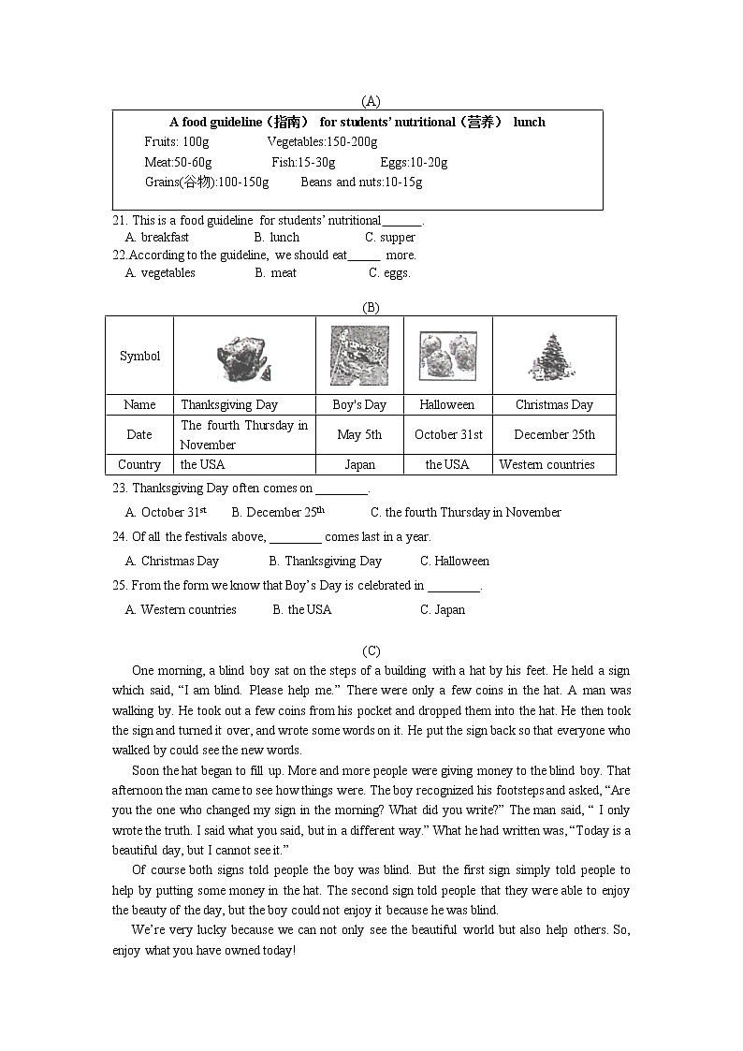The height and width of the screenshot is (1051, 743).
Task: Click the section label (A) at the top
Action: [371, 101]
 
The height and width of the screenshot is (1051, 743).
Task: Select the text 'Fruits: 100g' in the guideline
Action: [177, 142]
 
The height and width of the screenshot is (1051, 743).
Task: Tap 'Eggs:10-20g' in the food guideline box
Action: [414, 163]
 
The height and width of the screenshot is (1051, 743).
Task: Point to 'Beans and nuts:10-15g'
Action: [361, 182]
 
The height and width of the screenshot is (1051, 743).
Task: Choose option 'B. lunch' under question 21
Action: [277, 238]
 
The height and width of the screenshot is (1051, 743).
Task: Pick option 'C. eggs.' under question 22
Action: [389, 273]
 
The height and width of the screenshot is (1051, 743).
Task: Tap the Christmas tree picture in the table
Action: [554, 357]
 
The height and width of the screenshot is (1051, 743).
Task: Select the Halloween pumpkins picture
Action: [447, 356]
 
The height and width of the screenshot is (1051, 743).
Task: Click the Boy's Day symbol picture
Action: [359, 356]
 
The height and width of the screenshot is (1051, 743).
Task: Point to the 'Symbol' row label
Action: [139, 357]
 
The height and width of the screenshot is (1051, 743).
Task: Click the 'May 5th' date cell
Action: [359, 435]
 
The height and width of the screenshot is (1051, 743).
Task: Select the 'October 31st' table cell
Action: [448, 435]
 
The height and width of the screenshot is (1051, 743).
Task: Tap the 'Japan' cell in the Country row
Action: [359, 465]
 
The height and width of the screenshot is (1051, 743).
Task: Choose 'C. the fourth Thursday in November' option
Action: [465, 513]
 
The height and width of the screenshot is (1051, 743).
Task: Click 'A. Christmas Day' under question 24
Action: [172, 562]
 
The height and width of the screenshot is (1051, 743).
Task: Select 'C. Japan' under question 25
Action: [442, 610]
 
